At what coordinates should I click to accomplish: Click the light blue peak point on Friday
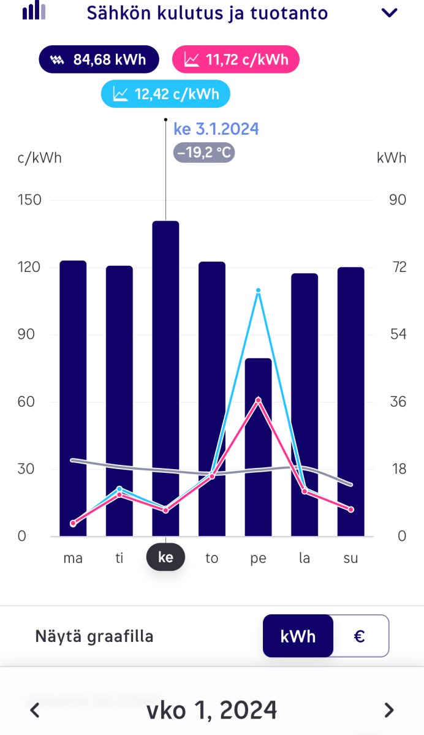click(258, 290)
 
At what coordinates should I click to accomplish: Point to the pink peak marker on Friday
click(258, 400)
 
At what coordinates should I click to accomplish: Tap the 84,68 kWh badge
click(99, 59)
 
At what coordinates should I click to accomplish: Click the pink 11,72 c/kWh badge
click(236, 59)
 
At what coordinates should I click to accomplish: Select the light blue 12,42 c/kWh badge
click(165, 94)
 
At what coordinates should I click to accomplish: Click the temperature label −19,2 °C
click(204, 152)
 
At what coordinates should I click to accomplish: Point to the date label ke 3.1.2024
click(216, 129)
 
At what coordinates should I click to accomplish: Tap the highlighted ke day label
click(165, 558)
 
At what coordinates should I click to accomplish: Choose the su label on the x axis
click(351, 558)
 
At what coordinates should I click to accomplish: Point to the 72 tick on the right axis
click(398, 268)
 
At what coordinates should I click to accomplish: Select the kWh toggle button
click(298, 636)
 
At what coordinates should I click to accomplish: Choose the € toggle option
click(360, 636)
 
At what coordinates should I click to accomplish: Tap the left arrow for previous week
click(35, 710)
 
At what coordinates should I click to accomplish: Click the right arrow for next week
click(389, 710)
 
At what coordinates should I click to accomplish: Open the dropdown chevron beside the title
click(390, 13)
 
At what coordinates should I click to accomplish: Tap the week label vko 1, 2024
click(211, 710)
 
